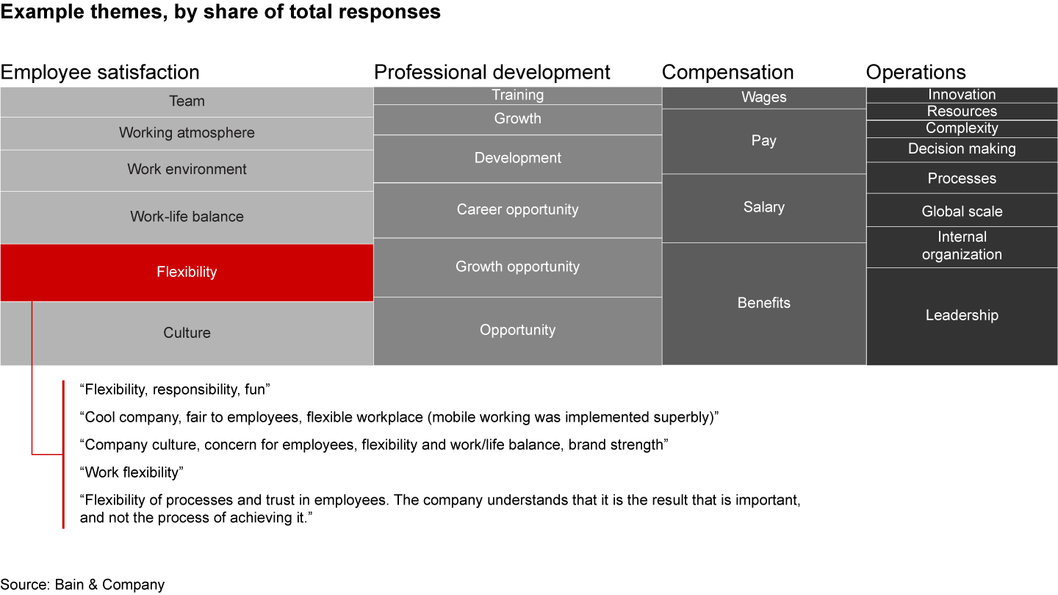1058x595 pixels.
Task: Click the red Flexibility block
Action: [187, 273]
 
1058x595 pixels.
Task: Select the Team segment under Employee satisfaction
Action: [187, 101]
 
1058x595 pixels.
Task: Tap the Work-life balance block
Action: [187, 217]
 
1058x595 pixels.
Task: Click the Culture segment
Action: [187, 333]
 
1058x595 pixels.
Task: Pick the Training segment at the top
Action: [517, 95]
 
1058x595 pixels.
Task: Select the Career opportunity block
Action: [517, 209]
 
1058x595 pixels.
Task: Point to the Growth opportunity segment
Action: [517, 267]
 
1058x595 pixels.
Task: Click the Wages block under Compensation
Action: [763, 98]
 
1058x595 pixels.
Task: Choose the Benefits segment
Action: [763, 303]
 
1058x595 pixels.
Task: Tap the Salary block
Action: [763, 207]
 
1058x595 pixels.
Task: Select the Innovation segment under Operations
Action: [961, 95]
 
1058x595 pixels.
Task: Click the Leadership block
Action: [961, 315]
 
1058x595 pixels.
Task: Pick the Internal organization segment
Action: [961, 246]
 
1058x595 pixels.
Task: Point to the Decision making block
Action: [961, 149]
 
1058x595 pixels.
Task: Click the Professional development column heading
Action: [492, 72]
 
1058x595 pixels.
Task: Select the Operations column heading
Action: [915, 72]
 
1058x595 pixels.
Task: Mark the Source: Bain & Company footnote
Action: [82, 585]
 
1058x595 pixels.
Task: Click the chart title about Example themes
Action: [220, 12]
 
